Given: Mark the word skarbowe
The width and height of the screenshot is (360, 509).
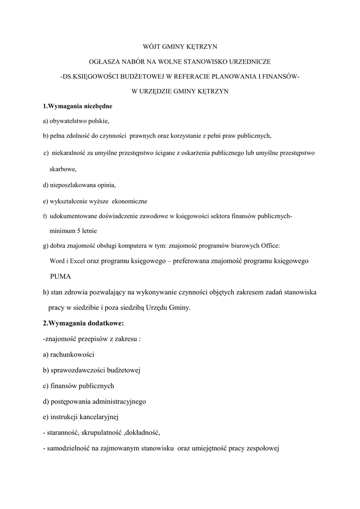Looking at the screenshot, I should point(63,169).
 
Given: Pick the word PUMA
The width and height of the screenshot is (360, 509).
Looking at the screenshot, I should point(60,276).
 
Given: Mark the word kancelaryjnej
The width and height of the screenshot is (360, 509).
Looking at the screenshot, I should point(97,417).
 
